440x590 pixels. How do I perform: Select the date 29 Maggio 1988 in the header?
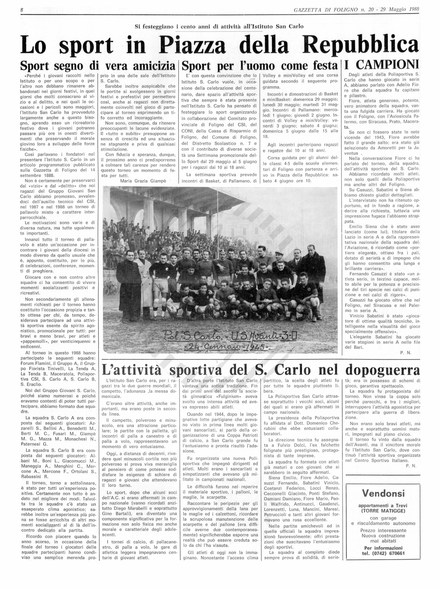pos(404,10)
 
